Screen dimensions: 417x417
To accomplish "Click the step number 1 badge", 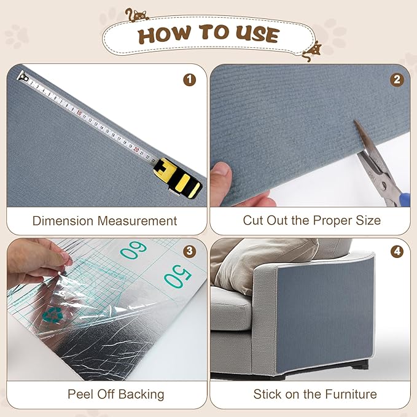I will [189, 79].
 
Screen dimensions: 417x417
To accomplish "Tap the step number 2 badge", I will [397, 79].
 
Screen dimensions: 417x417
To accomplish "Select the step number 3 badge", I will [189, 251].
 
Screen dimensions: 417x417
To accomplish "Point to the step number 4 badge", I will [397, 251].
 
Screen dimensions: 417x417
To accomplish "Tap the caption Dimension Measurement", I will [104, 220].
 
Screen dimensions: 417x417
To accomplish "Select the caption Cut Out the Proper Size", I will [311, 220].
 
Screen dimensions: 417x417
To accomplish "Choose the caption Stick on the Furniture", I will [314, 394].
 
